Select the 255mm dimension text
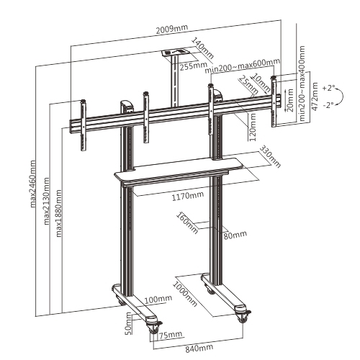[x=193, y=66]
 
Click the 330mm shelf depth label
[x=269, y=156]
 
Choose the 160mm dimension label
[x=186, y=222]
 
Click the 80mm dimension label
[x=234, y=234]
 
